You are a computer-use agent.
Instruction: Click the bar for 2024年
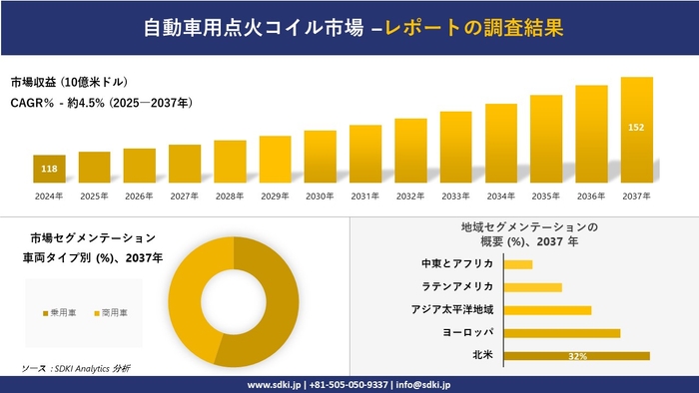49,170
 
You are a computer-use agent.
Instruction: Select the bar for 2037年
636,131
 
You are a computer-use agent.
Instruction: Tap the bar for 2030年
320,157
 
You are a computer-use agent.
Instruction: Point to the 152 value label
636,128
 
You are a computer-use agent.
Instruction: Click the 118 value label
49,169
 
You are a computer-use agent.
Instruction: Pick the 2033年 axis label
455,196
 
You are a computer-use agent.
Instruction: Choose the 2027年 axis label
185,196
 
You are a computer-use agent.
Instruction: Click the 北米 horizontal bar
577,355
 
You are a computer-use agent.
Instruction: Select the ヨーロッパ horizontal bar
562,332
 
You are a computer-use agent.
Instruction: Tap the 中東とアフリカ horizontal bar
518,264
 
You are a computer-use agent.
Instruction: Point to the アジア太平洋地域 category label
452,310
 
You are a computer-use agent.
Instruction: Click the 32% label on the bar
576,356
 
